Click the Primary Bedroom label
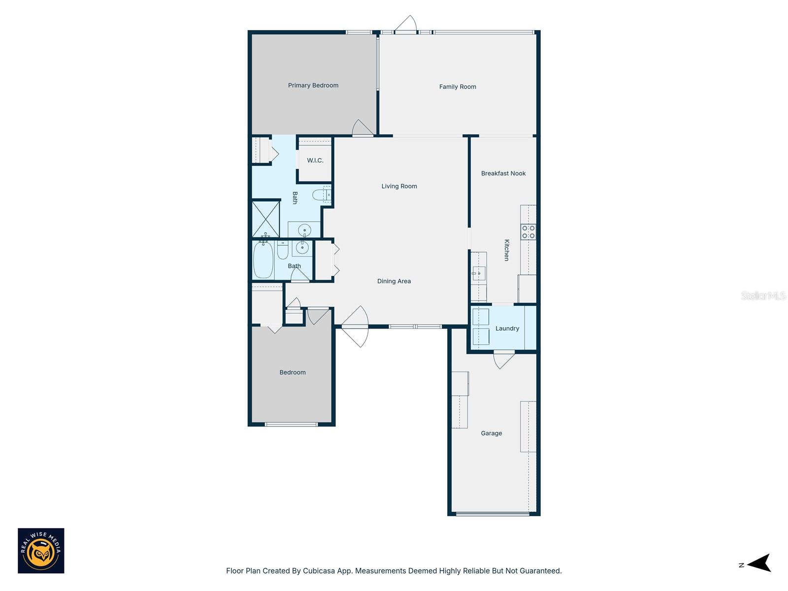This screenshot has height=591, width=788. tap(313, 85)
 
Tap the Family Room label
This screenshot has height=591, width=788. tap(458, 87)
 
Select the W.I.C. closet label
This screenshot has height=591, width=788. tap(315, 161)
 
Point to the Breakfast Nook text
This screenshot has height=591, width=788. tap(503, 173)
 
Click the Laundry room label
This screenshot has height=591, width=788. tap(507, 328)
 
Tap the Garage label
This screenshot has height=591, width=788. tap(492, 433)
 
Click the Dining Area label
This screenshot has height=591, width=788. tap(394, 281)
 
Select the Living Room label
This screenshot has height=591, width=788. tap(399, 186)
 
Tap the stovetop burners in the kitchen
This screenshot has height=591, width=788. tap(528, 232)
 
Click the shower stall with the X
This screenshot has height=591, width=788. tap(266, 219)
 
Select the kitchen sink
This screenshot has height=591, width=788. tap(479, 272)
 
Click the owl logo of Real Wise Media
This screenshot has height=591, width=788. tap(41, 551)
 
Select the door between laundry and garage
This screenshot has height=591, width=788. tap(504, 359)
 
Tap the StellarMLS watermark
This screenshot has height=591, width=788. tap(763, 295)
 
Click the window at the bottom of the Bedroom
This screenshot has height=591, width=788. tap(291, 425)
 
